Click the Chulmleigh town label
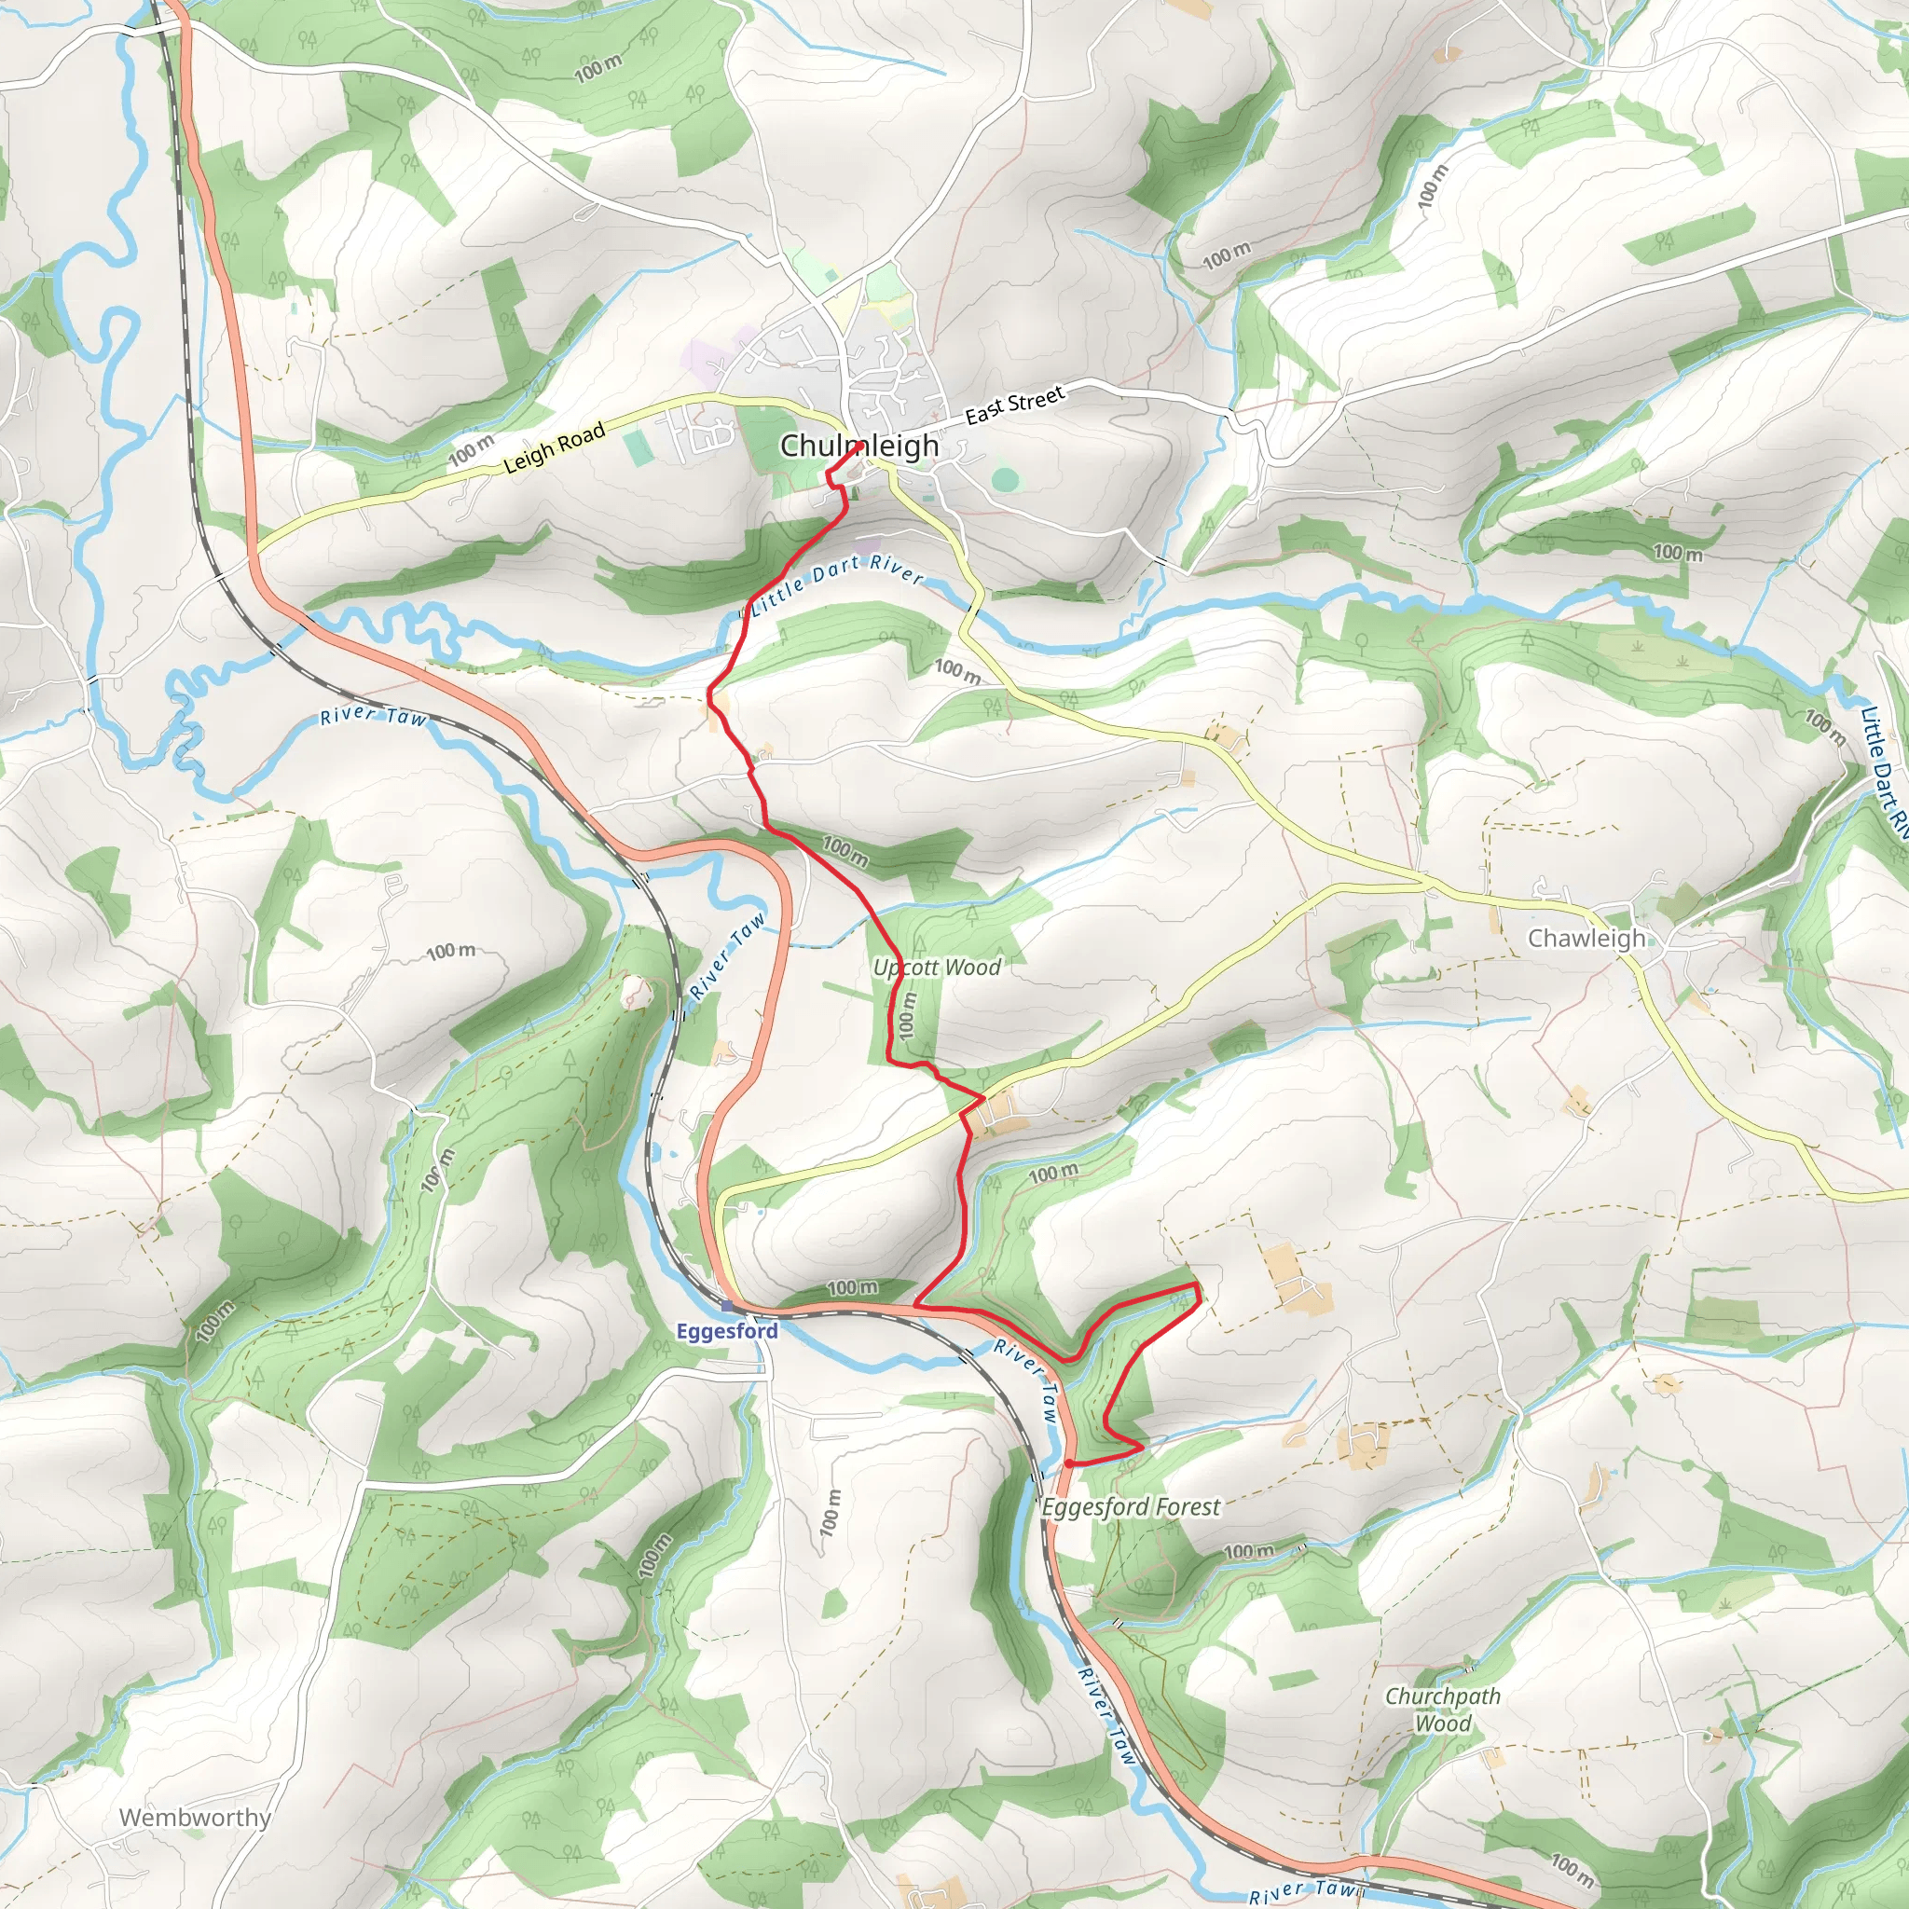tap(858, 446)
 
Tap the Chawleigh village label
tap(1586, 938)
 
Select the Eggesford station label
tap(727, 1331)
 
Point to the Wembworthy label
tap(195, 1817)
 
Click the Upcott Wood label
tap(937, 968)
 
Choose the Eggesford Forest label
tap(1132, 1507)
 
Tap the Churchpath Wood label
tap(1443, 1710)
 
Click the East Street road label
tap(1015, 405)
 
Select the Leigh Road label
tap(555, 447)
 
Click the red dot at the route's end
tap(1069, 1463)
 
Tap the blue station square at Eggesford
tap(727, 1306)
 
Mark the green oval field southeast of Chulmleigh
tap(1005, 480)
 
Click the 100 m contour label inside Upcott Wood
tap(906, 1015)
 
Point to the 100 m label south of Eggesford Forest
tap(1250, 1550)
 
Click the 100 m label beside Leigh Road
tap(472, 450)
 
